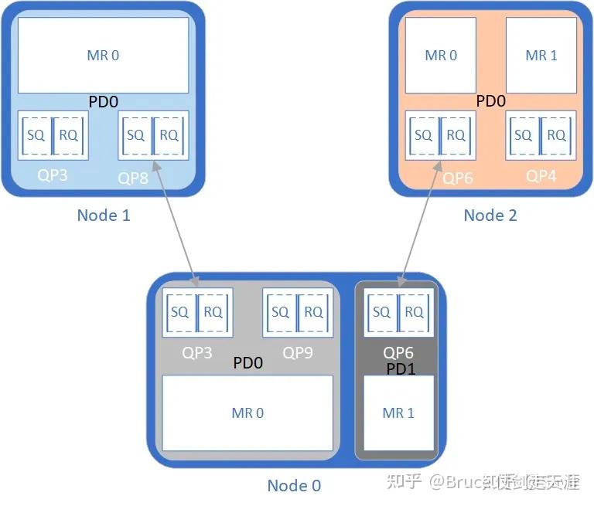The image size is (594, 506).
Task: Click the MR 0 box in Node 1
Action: (103, 56)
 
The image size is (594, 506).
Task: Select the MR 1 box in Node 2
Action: (541, 56)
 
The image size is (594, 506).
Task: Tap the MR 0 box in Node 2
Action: (441, 56)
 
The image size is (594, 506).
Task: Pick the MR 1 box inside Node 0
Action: (398, 413)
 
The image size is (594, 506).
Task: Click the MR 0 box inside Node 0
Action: (247, 413)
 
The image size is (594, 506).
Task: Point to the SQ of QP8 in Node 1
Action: (135, 135)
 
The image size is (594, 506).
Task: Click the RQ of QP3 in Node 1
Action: (69, 135)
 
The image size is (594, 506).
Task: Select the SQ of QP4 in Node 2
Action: (524, 135)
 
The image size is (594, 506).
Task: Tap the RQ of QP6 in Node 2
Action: (456, 135)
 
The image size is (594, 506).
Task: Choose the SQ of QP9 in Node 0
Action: (280, 312)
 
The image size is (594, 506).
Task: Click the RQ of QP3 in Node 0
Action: (213, 312)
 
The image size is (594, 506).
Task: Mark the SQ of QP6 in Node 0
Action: (381, 312)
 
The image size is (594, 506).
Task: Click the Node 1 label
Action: (104, 215)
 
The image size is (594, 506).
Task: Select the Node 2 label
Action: (490, 215)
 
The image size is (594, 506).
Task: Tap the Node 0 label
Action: (294, 485)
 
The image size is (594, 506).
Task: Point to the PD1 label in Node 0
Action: (401, 369)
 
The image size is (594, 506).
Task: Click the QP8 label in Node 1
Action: (133, 178)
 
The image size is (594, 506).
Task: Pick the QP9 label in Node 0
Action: (298, 353)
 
